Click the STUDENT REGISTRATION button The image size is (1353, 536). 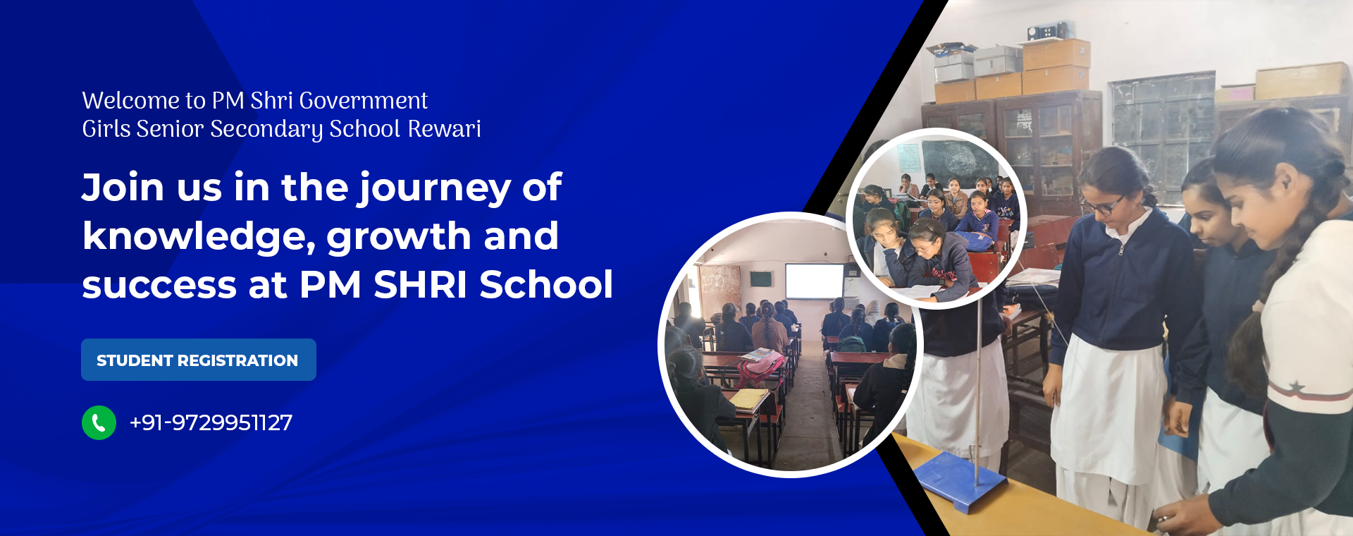tap(199, 360)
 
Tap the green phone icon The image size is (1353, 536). tap(99, 422)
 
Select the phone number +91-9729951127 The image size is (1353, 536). tap(211, 422)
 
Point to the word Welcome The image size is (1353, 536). tap(131, 100)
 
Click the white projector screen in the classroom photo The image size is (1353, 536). tap(815, 281)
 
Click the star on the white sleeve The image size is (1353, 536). tap(1295, 387)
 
